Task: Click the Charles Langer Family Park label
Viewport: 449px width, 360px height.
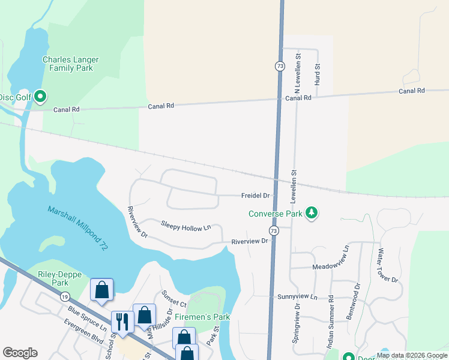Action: pyautogui.click(x=70, y=64)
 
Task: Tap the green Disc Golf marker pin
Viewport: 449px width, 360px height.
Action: pyautogui.click(x=40, y=96)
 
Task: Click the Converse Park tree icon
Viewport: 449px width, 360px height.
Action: pyautogui.click(x=311, y=212)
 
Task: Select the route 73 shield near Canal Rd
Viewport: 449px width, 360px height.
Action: pyautogui.click(x=280, y=66)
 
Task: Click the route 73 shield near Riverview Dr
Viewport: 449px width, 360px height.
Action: pyautogui.click(x=273, y=231)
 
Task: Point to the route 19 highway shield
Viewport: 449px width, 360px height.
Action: pyautogui.click(x=64, y=296)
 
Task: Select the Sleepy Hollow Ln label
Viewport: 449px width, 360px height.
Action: pyautogui.click(x=186, y=226)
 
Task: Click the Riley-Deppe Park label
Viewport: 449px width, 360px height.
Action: pyautogui.click(x=52, y=278)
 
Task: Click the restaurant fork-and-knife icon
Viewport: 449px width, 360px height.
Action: pyautogui.click(x=121, y=321)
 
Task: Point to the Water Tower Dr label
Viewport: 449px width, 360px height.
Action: pyautogui.click(x=387, y=266)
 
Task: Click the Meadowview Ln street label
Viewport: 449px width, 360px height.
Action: pyautogui.click(x=330, y=266)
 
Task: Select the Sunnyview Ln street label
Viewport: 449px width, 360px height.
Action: pyautogui.click(x=297, y=297)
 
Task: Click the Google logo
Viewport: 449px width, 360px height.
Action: pyautogui.click(x=20, y=353)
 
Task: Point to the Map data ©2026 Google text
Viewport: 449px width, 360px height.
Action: pyautogui.click(x=412, y=355)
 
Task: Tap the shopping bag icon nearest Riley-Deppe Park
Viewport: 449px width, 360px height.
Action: pyautogui.click(x=101, y=289)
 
